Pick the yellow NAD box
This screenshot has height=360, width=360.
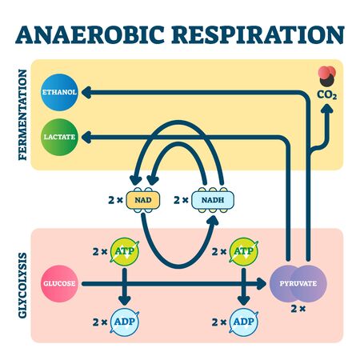tap(145, 200)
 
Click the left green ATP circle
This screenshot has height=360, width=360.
tap(123, 251)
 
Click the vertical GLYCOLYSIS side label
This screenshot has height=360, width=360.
tap(22, 284)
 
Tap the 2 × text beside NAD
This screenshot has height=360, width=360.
tap(113, 200)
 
